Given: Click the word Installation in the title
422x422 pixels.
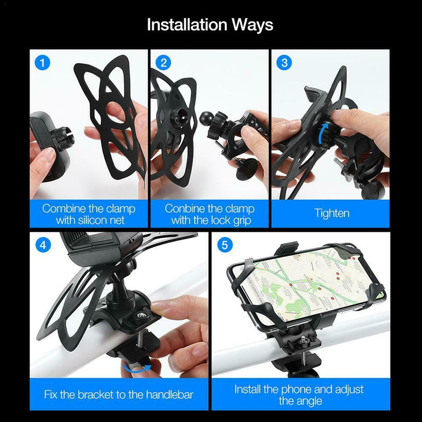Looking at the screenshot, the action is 187,24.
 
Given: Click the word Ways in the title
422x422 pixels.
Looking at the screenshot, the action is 253,24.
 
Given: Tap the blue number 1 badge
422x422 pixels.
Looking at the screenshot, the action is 43,63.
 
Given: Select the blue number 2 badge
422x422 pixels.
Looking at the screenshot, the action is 164,63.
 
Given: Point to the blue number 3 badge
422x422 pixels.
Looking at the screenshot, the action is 284,63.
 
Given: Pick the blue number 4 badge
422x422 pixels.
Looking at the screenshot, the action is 43,245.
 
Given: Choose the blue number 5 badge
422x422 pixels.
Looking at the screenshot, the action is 225,245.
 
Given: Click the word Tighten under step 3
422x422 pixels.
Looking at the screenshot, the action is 332,213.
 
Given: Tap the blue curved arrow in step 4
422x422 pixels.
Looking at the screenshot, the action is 137,369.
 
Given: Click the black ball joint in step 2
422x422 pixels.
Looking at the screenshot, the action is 207,119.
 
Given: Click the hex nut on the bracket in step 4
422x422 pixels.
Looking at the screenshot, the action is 140,315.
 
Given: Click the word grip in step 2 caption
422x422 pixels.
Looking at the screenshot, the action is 242,220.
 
